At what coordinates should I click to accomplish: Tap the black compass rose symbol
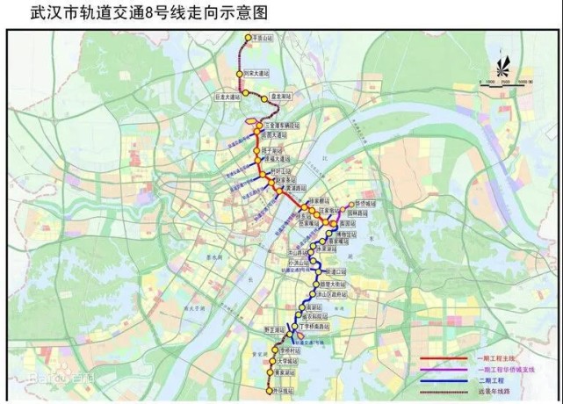504,68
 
